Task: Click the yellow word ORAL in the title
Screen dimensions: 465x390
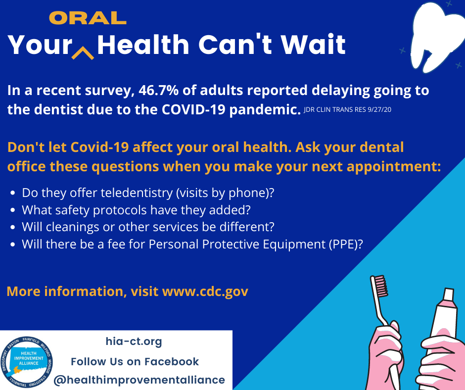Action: tap(88, 18)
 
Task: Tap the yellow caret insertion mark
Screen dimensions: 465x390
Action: tap(83, 53)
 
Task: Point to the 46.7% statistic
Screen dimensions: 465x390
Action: tap(158, 90)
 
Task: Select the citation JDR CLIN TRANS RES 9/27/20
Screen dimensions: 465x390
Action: tap(347, 109)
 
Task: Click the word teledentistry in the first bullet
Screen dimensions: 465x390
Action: tap(137, 193)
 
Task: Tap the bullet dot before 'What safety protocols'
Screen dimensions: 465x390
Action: tap(12, 210)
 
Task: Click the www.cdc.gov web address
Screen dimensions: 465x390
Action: tap(205, 291)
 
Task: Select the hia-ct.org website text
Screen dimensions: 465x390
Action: tap(134, 341)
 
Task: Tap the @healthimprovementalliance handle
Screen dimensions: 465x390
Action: tap(139, 380)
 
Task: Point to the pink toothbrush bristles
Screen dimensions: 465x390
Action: tap(381, 286)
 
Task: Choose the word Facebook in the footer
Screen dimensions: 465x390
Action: tap(172, 361)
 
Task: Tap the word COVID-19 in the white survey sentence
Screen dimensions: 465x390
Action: tap(193, 109)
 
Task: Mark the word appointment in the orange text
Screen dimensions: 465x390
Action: tap(394, 166)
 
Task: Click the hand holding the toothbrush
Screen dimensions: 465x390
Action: tap(385, 356)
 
